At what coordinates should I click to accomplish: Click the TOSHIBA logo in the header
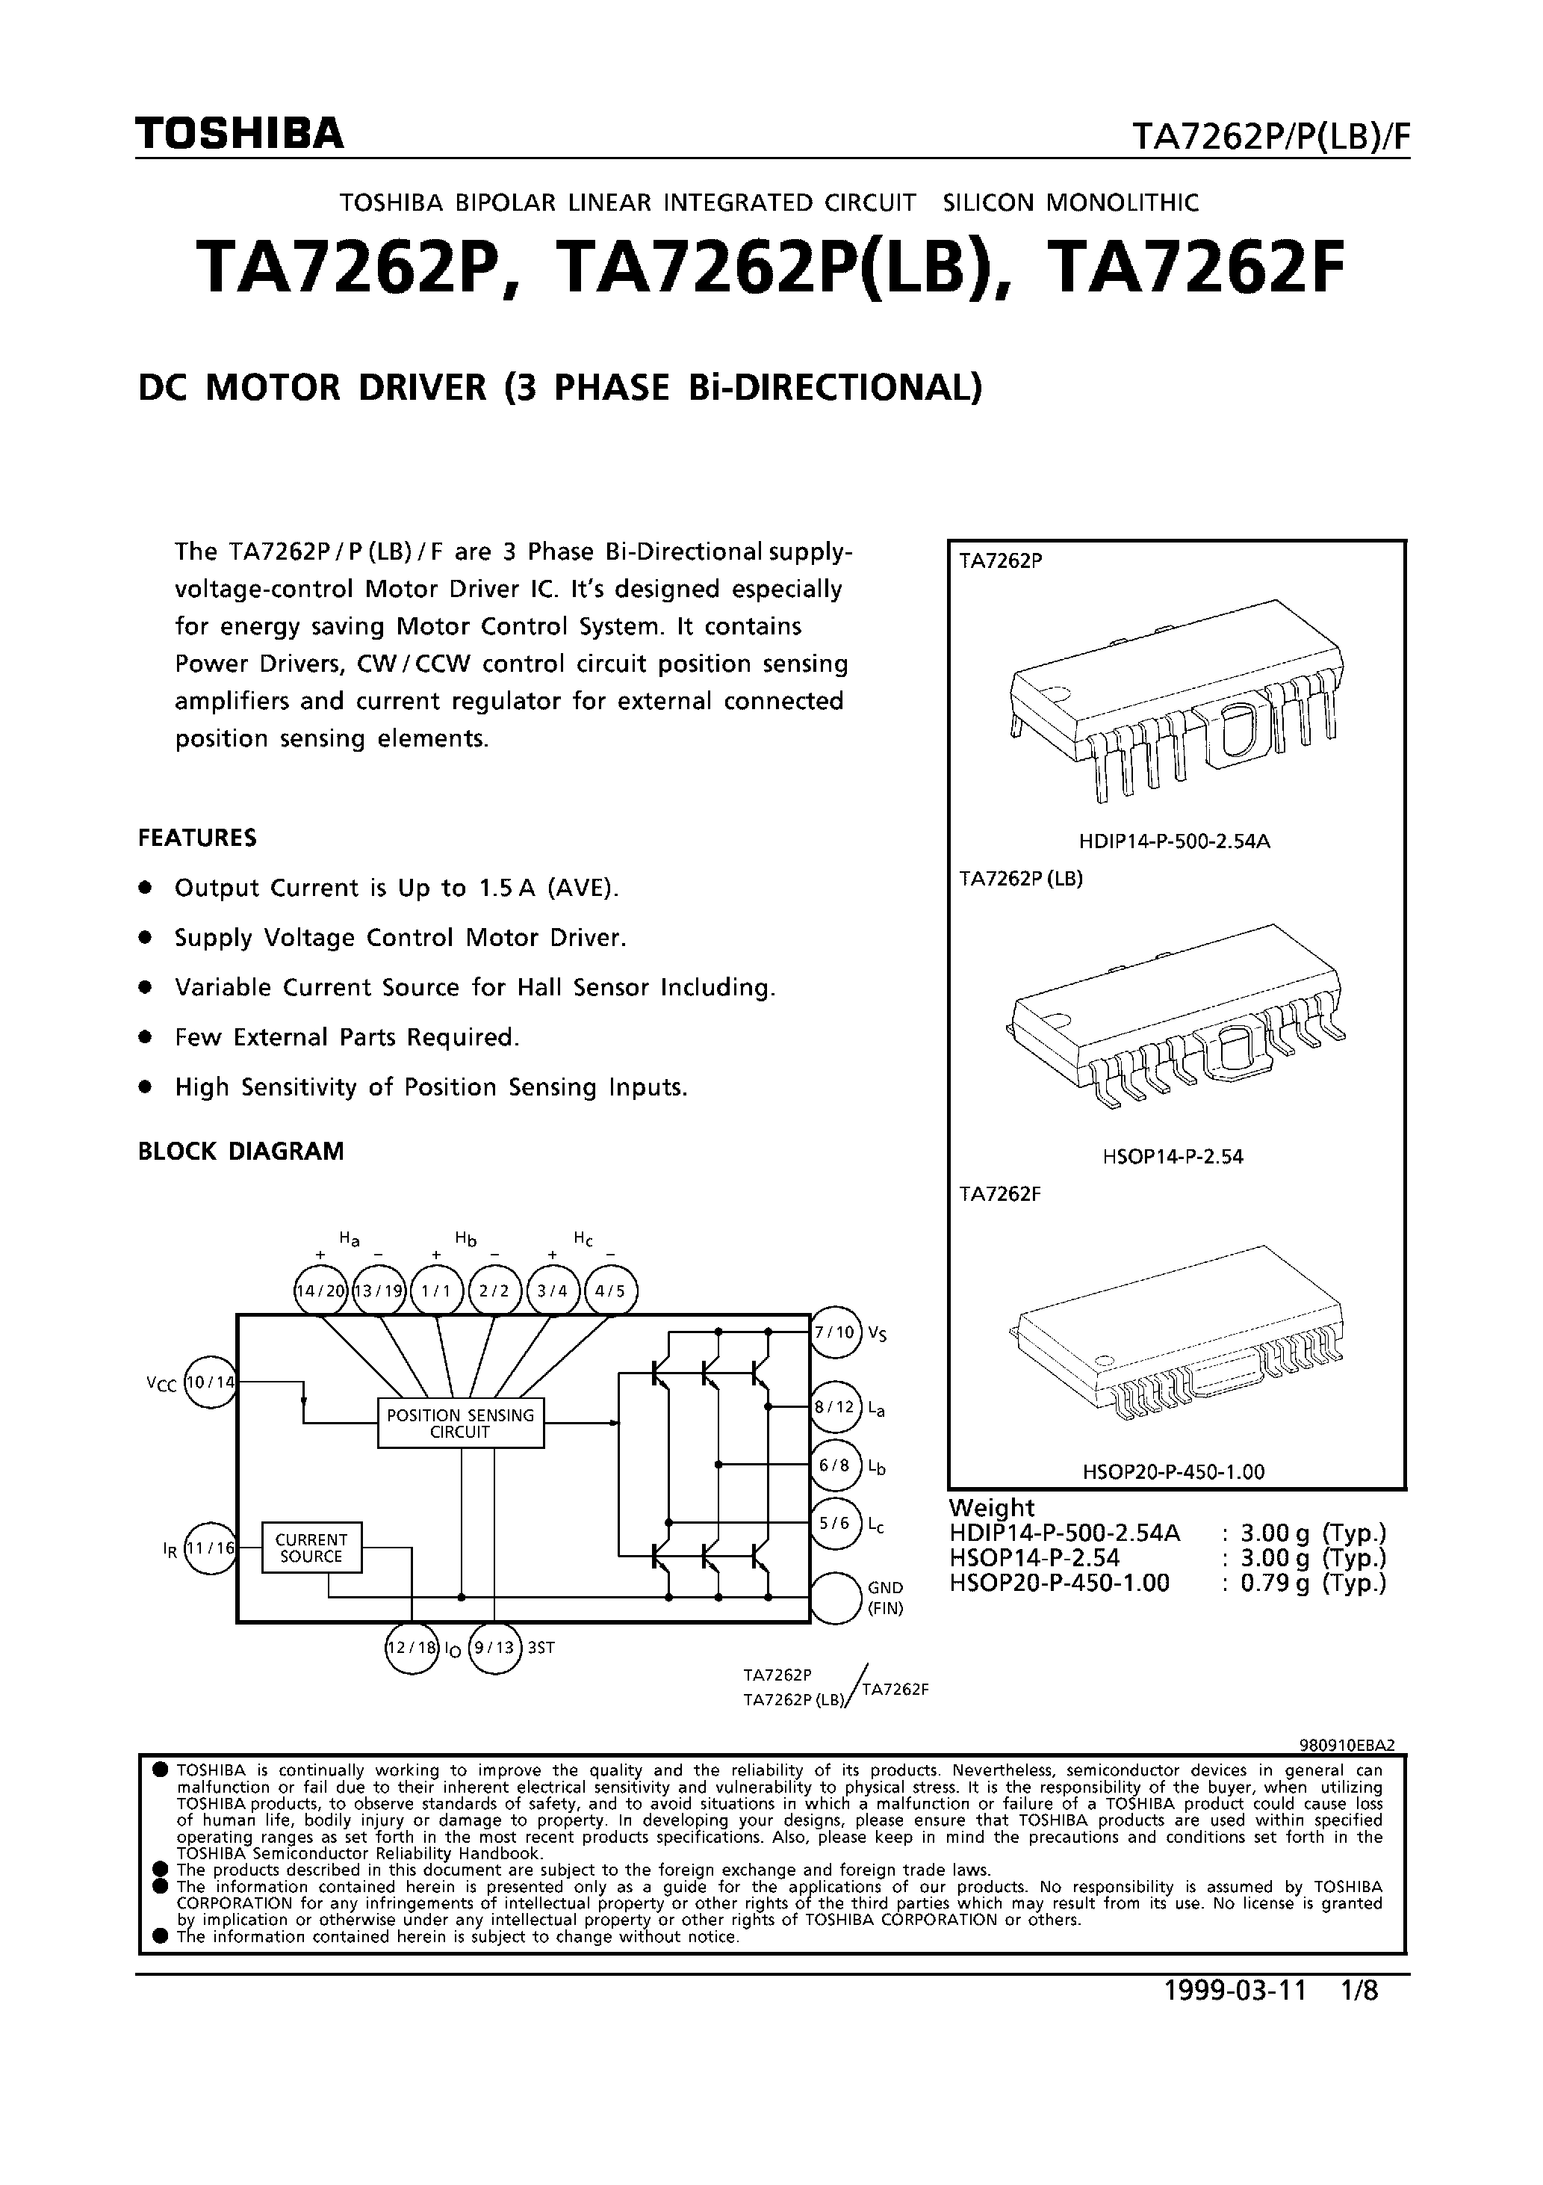[x=240, y=135]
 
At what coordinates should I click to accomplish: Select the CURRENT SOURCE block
[x=311, y=1548]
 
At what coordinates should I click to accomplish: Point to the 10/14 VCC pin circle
[x=210, y=1382]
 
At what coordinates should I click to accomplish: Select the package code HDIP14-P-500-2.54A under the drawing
[x=1175, y=841]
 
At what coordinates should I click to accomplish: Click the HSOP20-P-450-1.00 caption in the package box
[x=1173, y=1472]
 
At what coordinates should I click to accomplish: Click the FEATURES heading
[x=197, y=838]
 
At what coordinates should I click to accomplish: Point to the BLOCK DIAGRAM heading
[x=240, y=1151]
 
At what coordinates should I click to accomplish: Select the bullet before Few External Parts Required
[x=146, y=1037]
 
